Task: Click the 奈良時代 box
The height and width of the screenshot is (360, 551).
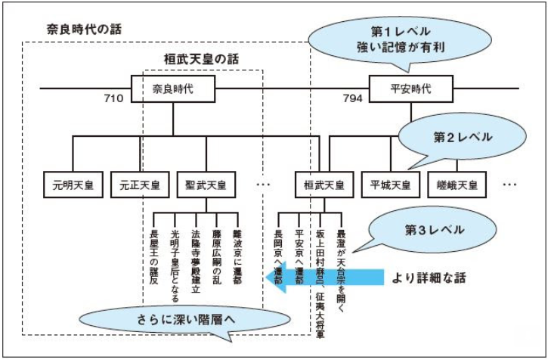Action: (x=173, y=88)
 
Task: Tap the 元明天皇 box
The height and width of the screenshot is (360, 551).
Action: (x=71, y=184)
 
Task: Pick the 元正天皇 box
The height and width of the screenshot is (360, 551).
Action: (x=138, y=184)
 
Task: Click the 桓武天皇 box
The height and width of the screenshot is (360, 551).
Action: (x=320, y=184)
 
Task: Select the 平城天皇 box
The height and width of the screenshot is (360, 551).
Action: (x=390, y=184)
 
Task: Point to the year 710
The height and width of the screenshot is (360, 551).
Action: (x=115, y=99)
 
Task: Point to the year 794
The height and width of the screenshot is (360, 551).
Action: (x=352, y=99)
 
